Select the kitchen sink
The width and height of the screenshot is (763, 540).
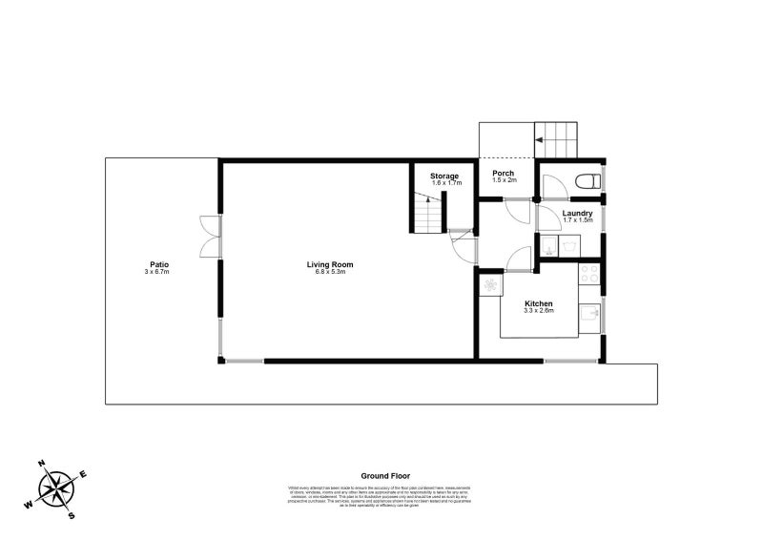(x=590, y=313)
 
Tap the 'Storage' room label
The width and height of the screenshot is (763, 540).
(x=443, y=176)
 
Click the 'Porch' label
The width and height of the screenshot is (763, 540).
(x=504, y=174)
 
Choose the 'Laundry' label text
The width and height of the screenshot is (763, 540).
(x=577, y=213)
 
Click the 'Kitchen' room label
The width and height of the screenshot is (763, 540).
(x=539, y=303)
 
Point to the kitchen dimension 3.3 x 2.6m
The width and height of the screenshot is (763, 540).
(x=539, y=311)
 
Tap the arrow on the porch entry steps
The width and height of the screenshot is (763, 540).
(x=540, y=140)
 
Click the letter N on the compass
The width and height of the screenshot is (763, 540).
(x=42, y=465)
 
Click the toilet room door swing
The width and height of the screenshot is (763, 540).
(x=552, y=186)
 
